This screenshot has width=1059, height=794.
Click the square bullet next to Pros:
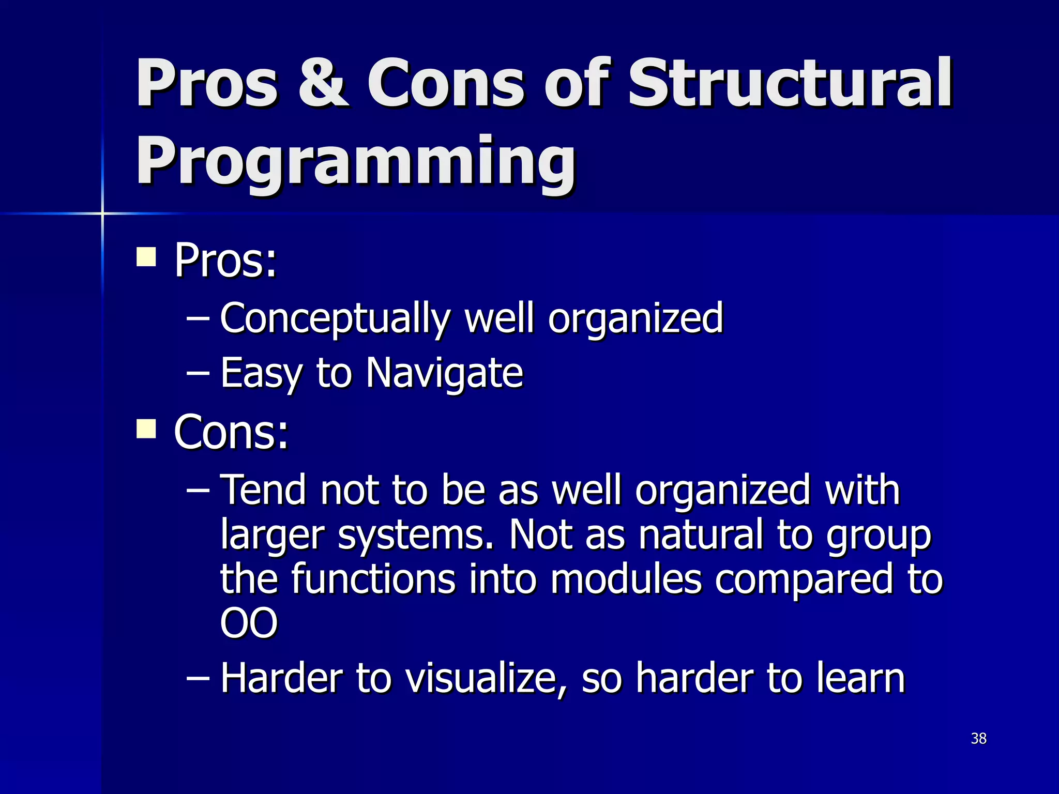tap(146, 256)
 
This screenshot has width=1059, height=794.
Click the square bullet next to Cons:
tap(146, 429)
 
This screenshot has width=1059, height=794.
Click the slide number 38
tap(978, 738)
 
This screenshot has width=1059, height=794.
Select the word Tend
tap(263, 490)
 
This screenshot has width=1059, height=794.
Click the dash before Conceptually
tap(198, 318)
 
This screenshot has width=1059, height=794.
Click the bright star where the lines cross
tap(102, 213)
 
